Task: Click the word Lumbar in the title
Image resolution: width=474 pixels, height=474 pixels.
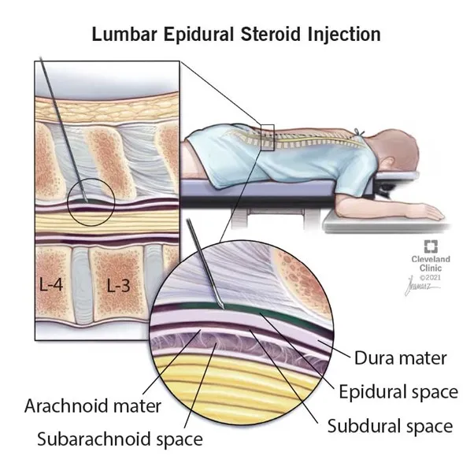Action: pyautogui.click(x=124, y=34)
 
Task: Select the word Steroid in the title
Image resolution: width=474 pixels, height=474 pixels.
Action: pyautogui.click(x=271, y=34)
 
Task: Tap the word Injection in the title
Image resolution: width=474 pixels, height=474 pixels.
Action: pyautogui.click(x=344, y=35)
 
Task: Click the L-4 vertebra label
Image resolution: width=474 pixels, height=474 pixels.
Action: pyautogui.click(x=51, y=284)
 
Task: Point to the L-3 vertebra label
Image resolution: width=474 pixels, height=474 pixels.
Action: pyautogui.click(x=118, y=285)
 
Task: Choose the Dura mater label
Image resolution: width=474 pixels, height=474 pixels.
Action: pyautogui.click(x=400, y=358)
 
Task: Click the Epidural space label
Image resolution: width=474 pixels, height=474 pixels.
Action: pyautogui.click(x=398, y=392)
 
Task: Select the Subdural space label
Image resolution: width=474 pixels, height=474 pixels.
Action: pyautogui.click(x=390, y=426)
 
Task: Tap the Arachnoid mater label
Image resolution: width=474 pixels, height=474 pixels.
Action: pyautogui.click(x=92, y=405)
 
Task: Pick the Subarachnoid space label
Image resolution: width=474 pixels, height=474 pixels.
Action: pyautogui.click(x=120, y=439)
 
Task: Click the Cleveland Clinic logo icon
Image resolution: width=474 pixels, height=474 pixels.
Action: pyautogui.click(x=431, y=246)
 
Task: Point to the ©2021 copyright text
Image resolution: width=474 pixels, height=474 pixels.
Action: pyautogui.click(x=430, y=277)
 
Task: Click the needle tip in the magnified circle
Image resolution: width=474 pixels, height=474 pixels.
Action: pyautogui.click(x=223, y=307)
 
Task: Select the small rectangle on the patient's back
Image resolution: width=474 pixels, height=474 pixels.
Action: pyautogui.click(x=267, y=138)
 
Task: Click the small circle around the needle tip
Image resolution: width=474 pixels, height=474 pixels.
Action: pyautogui.click(x=91, y=202)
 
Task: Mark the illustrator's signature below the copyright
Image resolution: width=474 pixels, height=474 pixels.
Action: pyautogui.click(x=420, y=287)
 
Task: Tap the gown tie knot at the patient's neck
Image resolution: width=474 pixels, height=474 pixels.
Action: pyautogui.click(x=360, y=132)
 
